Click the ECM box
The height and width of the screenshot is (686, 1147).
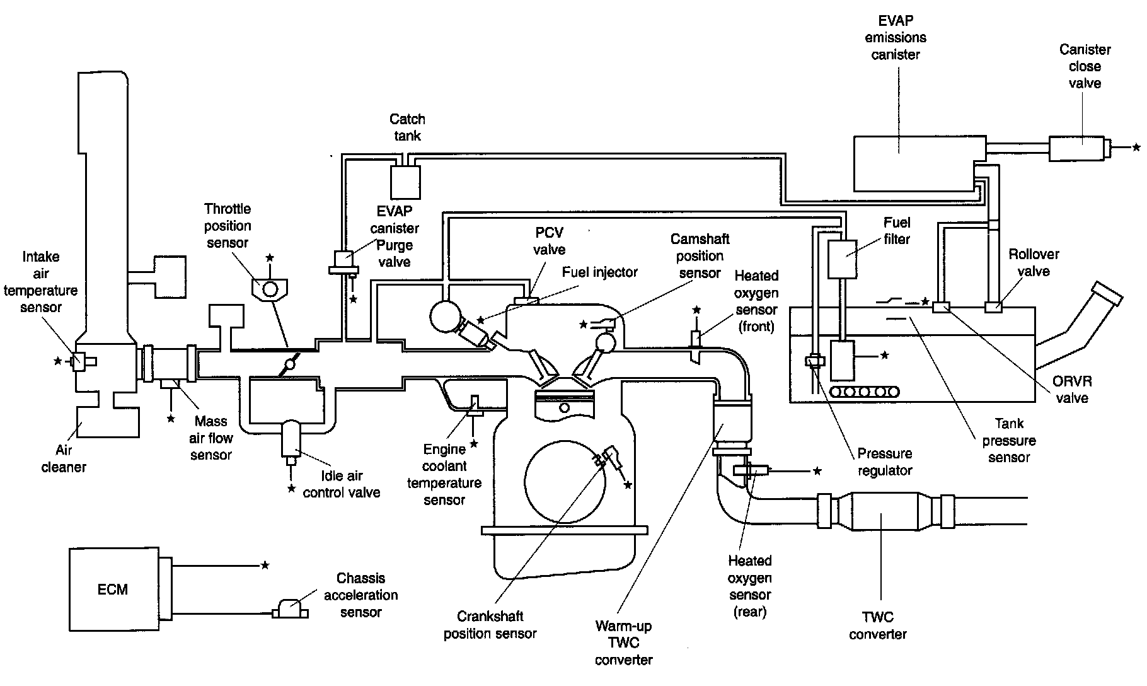tap(113, 589)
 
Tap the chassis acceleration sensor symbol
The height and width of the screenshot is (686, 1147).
tap(290, 610)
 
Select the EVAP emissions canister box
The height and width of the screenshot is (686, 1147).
tap(919, 163)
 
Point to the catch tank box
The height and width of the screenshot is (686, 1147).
tap(405, 183)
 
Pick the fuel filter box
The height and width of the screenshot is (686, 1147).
tap(842, 259)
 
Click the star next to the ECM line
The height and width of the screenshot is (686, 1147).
tap(265, 566)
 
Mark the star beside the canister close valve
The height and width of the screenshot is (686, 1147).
tap(1136, 148)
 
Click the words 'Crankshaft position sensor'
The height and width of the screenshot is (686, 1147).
tap(490, 625)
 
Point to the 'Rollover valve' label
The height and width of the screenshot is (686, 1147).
tap(1034, 263)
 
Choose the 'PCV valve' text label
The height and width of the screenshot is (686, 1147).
tap(549, 241)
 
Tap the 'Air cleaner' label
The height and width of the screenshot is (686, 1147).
tap(64, 458)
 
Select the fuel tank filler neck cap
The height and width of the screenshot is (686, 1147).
tap(1108, 294)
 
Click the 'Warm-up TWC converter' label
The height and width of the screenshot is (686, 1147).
tap(623, 643)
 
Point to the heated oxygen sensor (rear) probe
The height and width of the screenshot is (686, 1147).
tap(750, 470)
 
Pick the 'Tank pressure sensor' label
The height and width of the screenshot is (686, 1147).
tap(1008, 440)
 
